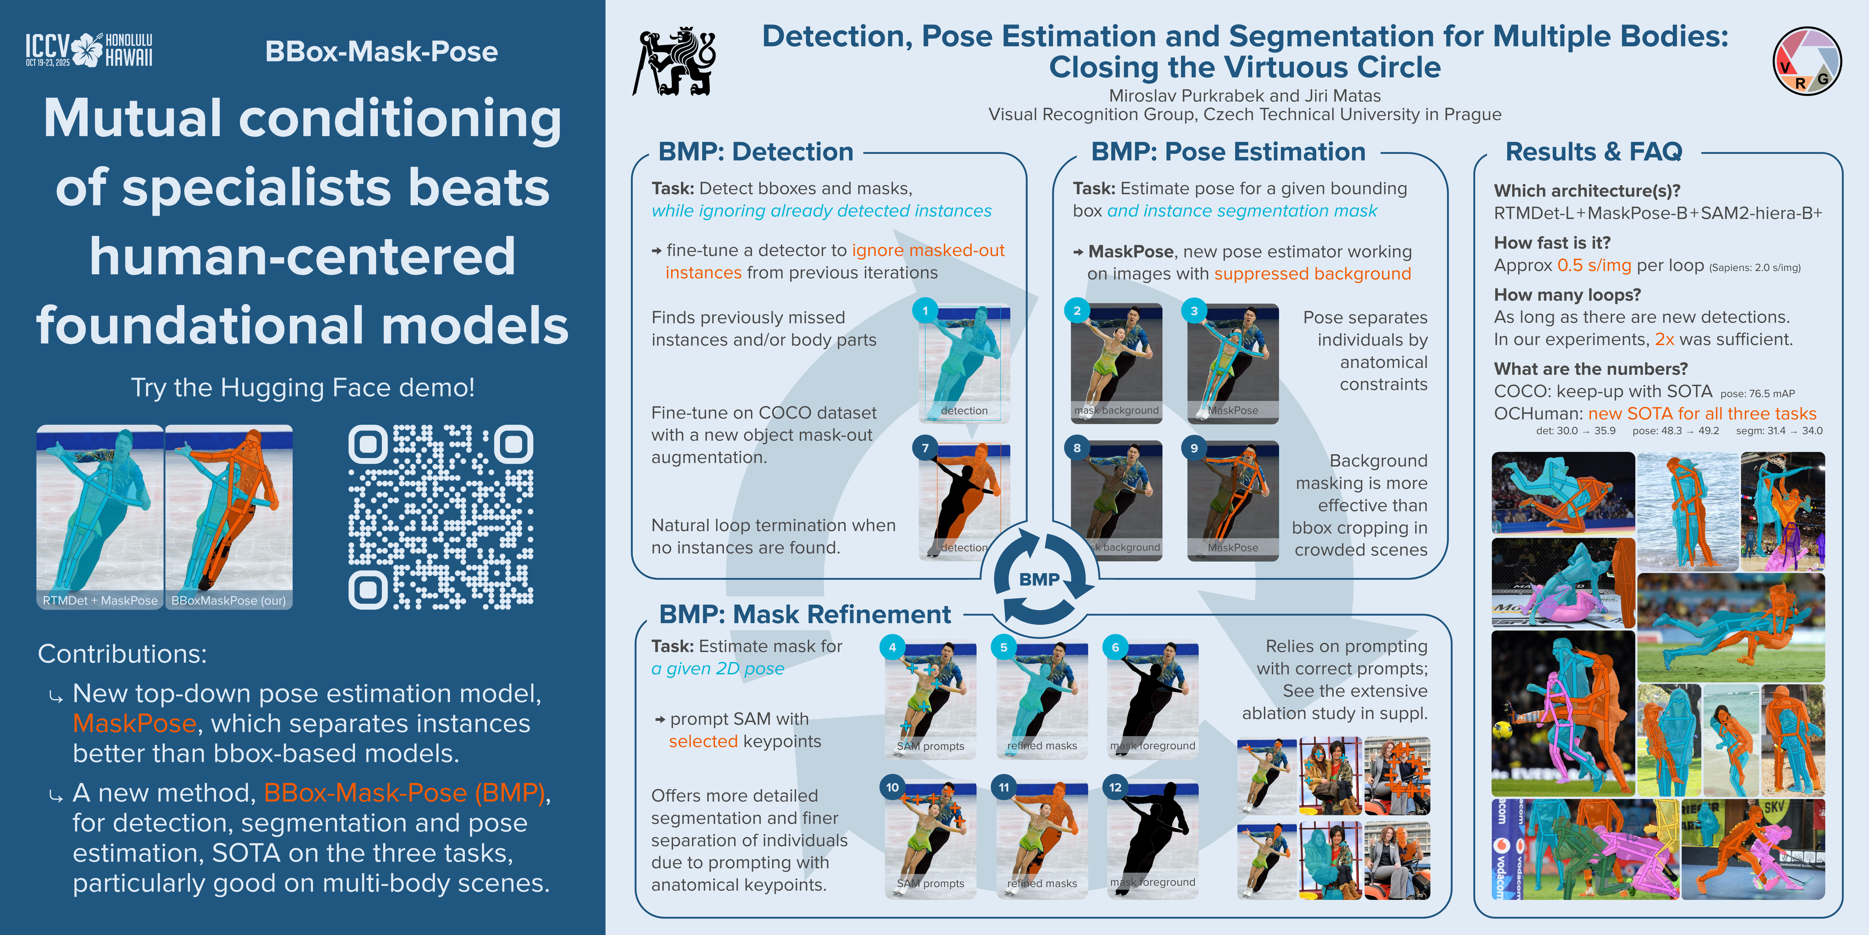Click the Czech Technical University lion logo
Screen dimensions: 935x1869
pyautogui.click(x=675, y=62)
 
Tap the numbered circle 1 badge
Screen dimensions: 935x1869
pyautogui.click(x=925, y=311)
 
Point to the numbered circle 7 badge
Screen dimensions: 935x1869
pyautogui.click(x=925, y=448)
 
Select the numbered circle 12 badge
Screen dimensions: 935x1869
pyautogui.click(x=1115, y=787)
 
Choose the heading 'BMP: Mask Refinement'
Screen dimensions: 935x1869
pyautogui.click(x=804, y=614)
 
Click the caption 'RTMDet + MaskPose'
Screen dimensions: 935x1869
pyautogui.click(x=100, y=600)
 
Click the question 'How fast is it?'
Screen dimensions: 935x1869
pyautogui.click(x=1552, y=243)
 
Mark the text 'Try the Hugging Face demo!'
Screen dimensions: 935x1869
pyautogui.click(x=303, y=388)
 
